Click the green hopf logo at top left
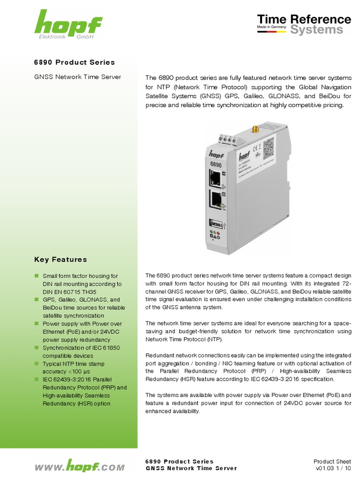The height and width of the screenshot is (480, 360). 68,24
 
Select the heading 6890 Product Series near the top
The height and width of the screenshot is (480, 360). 75,62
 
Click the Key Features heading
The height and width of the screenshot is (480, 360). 60,259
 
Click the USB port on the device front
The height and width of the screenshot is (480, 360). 217,223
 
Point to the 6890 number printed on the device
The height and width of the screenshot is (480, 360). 216,164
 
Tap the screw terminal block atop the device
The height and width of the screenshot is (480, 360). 227,139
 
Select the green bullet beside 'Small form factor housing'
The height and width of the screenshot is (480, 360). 37,276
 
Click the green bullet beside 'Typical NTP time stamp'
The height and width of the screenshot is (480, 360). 37,364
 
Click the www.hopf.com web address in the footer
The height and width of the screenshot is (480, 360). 80,467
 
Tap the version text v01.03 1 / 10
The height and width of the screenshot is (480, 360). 333,468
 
